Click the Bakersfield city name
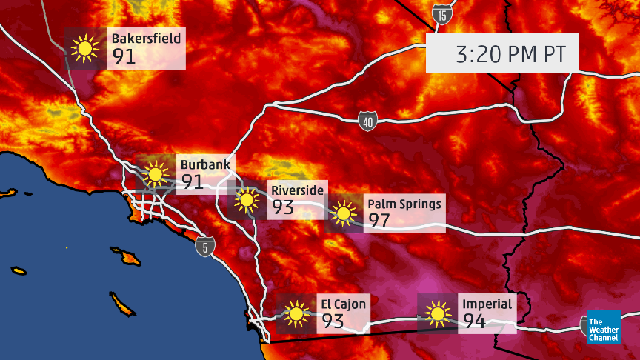146,38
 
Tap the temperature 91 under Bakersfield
124,56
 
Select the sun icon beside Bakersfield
85,49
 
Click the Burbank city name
206,164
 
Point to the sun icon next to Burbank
155,175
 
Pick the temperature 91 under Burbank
193,181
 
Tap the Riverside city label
297,190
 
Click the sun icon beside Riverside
246,201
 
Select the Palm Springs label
404,204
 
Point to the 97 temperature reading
379,221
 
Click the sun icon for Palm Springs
343,214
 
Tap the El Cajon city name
343,304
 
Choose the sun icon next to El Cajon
296,313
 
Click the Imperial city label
487,304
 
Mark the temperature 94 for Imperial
475,321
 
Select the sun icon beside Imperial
438,313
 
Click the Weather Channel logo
603,327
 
